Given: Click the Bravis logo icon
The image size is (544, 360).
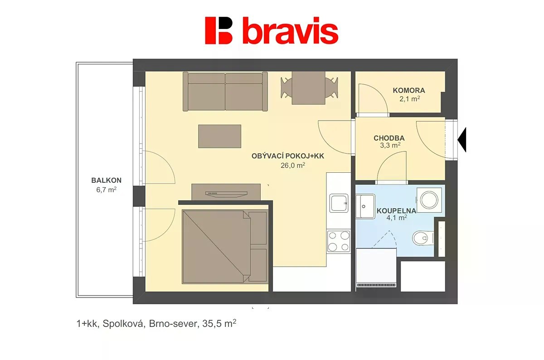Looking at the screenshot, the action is coord(219,30).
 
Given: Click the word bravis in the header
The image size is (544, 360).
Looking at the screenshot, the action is coord(291,30).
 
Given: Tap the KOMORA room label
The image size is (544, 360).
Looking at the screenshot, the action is coord(409,90).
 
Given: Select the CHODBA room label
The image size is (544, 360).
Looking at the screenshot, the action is coord(389,138).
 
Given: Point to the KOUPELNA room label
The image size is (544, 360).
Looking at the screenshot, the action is coord(396,211).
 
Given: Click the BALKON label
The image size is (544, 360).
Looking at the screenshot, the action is coord(107,180).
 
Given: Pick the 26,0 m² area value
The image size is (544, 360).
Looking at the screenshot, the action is coord(293,165).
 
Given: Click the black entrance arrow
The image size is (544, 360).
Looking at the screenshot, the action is coord(461,140).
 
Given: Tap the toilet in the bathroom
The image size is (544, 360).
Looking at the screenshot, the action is coord(423,238).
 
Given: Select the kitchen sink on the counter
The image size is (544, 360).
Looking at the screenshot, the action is coord(339,203).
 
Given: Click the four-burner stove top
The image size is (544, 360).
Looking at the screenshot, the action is coord(339,241).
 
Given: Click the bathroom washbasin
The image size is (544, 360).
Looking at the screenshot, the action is coord(365,206).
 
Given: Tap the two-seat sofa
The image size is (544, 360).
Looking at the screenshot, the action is coord(225,92).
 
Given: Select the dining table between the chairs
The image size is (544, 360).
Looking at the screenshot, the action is coord(308,88).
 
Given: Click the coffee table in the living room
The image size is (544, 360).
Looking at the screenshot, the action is coord(220,136).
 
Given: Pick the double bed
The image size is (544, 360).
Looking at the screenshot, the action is coord(225,247).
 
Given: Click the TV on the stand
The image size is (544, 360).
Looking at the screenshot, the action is coord(226,193).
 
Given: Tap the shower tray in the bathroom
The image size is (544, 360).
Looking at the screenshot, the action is coord(376,268).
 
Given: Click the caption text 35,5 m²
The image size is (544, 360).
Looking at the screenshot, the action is coord(219,324).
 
